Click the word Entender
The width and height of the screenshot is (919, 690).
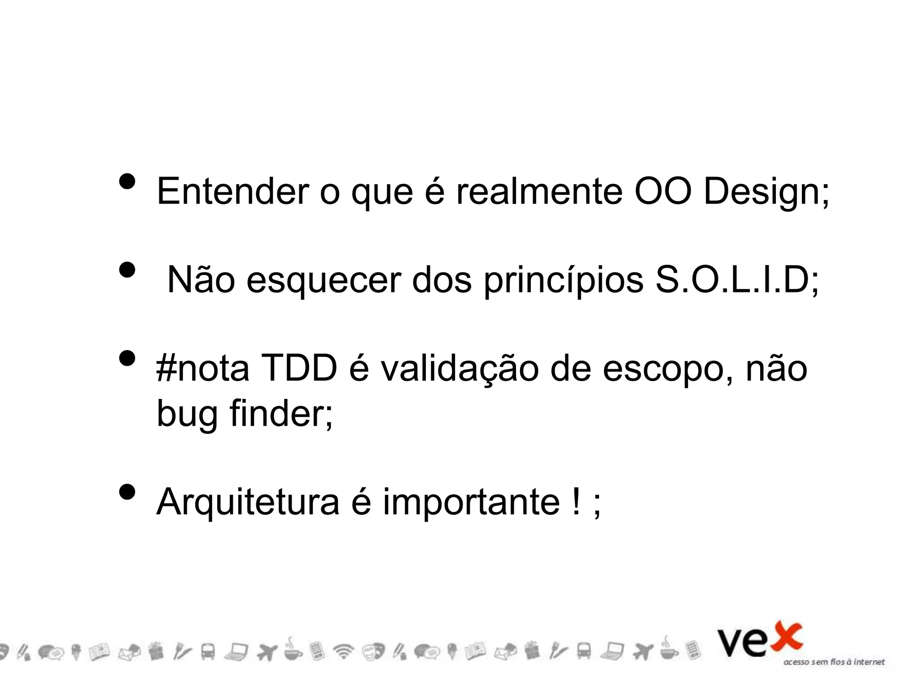point(232,191)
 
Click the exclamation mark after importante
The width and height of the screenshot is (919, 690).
point(576,501)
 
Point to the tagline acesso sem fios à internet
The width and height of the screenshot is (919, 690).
point(834,662)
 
